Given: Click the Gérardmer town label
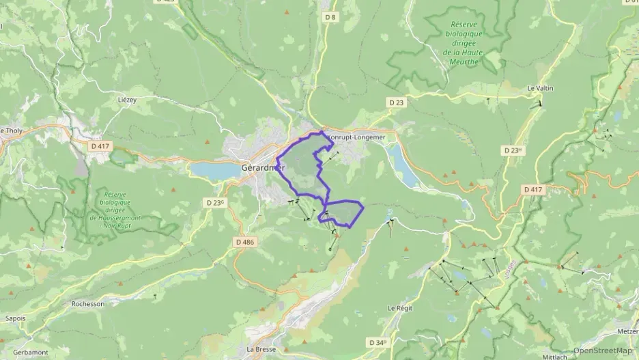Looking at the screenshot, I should pyautogui.click(x=263, y=168).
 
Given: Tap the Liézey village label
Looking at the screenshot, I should pyautogui.click(x=128, y=100).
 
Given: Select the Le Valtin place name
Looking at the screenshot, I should pyautogui.click(x=540, y=88).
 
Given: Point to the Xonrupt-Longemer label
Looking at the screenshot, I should pyautogui.click(x=355, y=137).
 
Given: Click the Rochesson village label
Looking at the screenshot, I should pyautogui.click(x=88, y=303).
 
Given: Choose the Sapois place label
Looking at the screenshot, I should pyautogui.click(x=15, y=318).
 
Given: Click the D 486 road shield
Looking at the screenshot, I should pyautogui.click(x=244, y=242).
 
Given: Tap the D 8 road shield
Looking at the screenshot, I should pyautogui.click(x=330, y=16).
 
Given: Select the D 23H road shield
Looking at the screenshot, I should pyautogui.click(x=512, y=150).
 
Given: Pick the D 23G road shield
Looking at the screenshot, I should pyautogui.click(x=214, y=203).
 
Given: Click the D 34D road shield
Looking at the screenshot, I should pyautogui.click(x=377, y=342).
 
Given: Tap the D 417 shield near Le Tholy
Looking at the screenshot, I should pyautogui.click(x=100, y=146).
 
